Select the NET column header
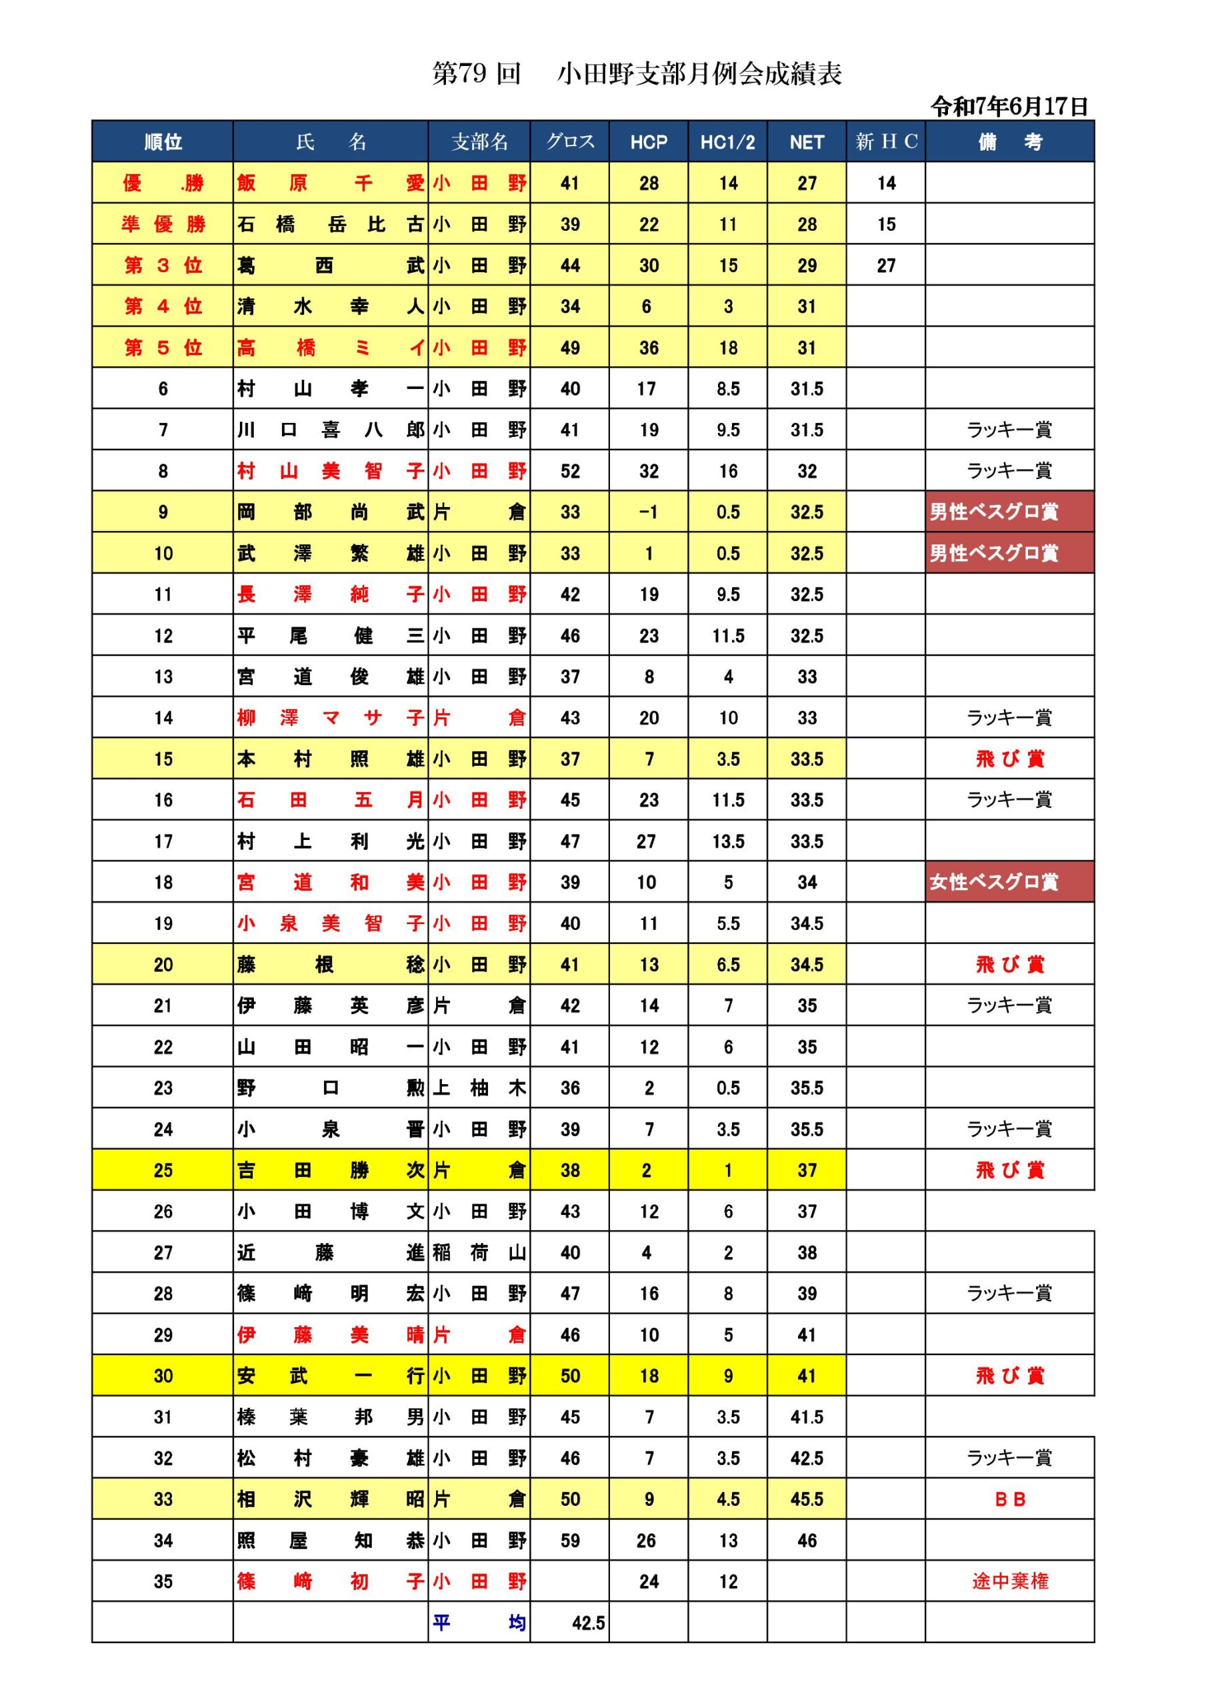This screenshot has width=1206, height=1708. pyautogui.click(x=806, y=142)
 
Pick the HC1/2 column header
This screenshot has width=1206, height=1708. pyautogui.click(x=727, y=142)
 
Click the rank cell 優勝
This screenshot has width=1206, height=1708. pyautogui.click(x=162, y=183)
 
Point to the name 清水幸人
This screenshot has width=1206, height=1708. pyautogui.click(x=330, y=306)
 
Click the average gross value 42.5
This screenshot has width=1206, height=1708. pyautogui.click(x=587, y=1623)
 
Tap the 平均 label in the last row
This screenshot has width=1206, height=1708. pyautogui.click(x=479, y=1623)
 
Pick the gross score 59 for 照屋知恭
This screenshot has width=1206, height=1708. pyautogui.click(x=569, y=1541)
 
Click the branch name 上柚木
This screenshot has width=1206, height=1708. pyautogui.click(x=479, y=1088)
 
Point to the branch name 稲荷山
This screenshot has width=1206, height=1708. pyautogui.click(x=479, y=1253)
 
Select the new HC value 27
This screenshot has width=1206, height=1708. pyautogui.click(x=885, y=266)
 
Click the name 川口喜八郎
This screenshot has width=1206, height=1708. pyautogui.click(x=330, y=430)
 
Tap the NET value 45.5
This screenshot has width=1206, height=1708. pyautogui.click(x=806, y=1500)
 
